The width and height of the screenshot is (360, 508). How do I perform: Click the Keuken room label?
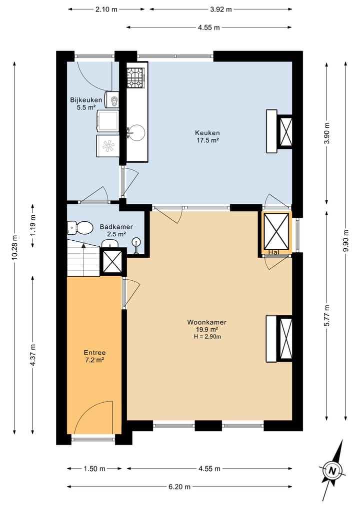coord(207,132)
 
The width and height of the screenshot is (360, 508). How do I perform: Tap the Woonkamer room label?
coord(206,322)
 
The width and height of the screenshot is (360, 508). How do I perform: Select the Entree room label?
coord(94,353)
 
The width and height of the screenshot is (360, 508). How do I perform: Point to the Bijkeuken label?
coord(86,100)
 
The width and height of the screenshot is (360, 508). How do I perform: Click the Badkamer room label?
coord(116,227)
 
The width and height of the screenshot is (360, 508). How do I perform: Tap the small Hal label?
coord(274,252)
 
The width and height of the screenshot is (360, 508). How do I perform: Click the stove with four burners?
coord(135,78)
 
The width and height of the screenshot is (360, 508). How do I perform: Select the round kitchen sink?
coord(136,133)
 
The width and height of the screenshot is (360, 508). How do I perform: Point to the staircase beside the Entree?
coord(83,258)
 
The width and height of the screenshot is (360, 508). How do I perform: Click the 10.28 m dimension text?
coord(14,247)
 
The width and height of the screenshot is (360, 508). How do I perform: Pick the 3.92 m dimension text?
coord(221,9)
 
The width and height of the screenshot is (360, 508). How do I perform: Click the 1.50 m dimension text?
coord(94,469)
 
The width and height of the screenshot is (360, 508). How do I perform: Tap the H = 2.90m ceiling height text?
coord(207,337)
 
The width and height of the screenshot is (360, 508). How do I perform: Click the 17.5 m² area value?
coord(207,140)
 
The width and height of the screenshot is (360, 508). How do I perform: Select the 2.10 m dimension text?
coord(106,9)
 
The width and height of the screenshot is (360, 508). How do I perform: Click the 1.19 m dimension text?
coord(33,225)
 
